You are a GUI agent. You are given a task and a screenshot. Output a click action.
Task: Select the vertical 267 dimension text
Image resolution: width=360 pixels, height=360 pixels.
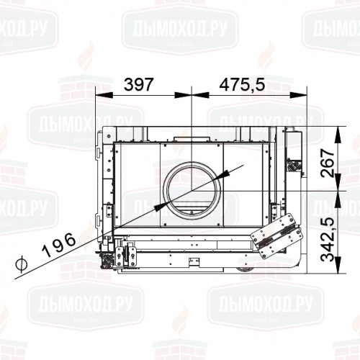(x=325, y=163)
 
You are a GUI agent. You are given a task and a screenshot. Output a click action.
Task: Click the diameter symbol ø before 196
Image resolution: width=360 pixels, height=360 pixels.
(x=22, y=264)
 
